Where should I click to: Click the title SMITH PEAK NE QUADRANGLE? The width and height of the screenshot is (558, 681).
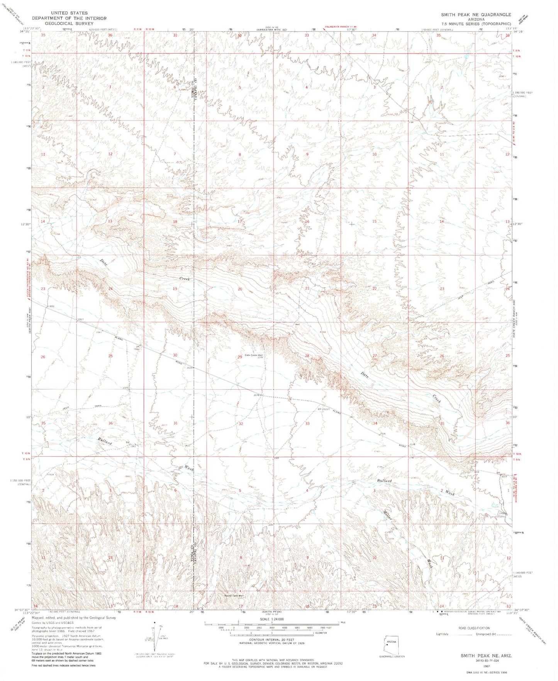[476, 14]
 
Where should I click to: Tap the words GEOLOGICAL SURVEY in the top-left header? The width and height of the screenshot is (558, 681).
[69, 23]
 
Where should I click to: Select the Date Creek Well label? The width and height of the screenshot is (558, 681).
[254, 355]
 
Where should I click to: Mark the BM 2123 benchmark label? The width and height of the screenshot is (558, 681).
[324, 409]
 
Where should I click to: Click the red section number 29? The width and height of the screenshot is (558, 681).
[240, 357]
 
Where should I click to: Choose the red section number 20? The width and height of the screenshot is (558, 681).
[240, 289]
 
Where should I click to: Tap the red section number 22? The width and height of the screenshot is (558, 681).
[374, 289]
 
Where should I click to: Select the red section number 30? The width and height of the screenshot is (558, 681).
[175, 355]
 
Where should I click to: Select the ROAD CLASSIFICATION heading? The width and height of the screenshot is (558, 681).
[473, 628]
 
